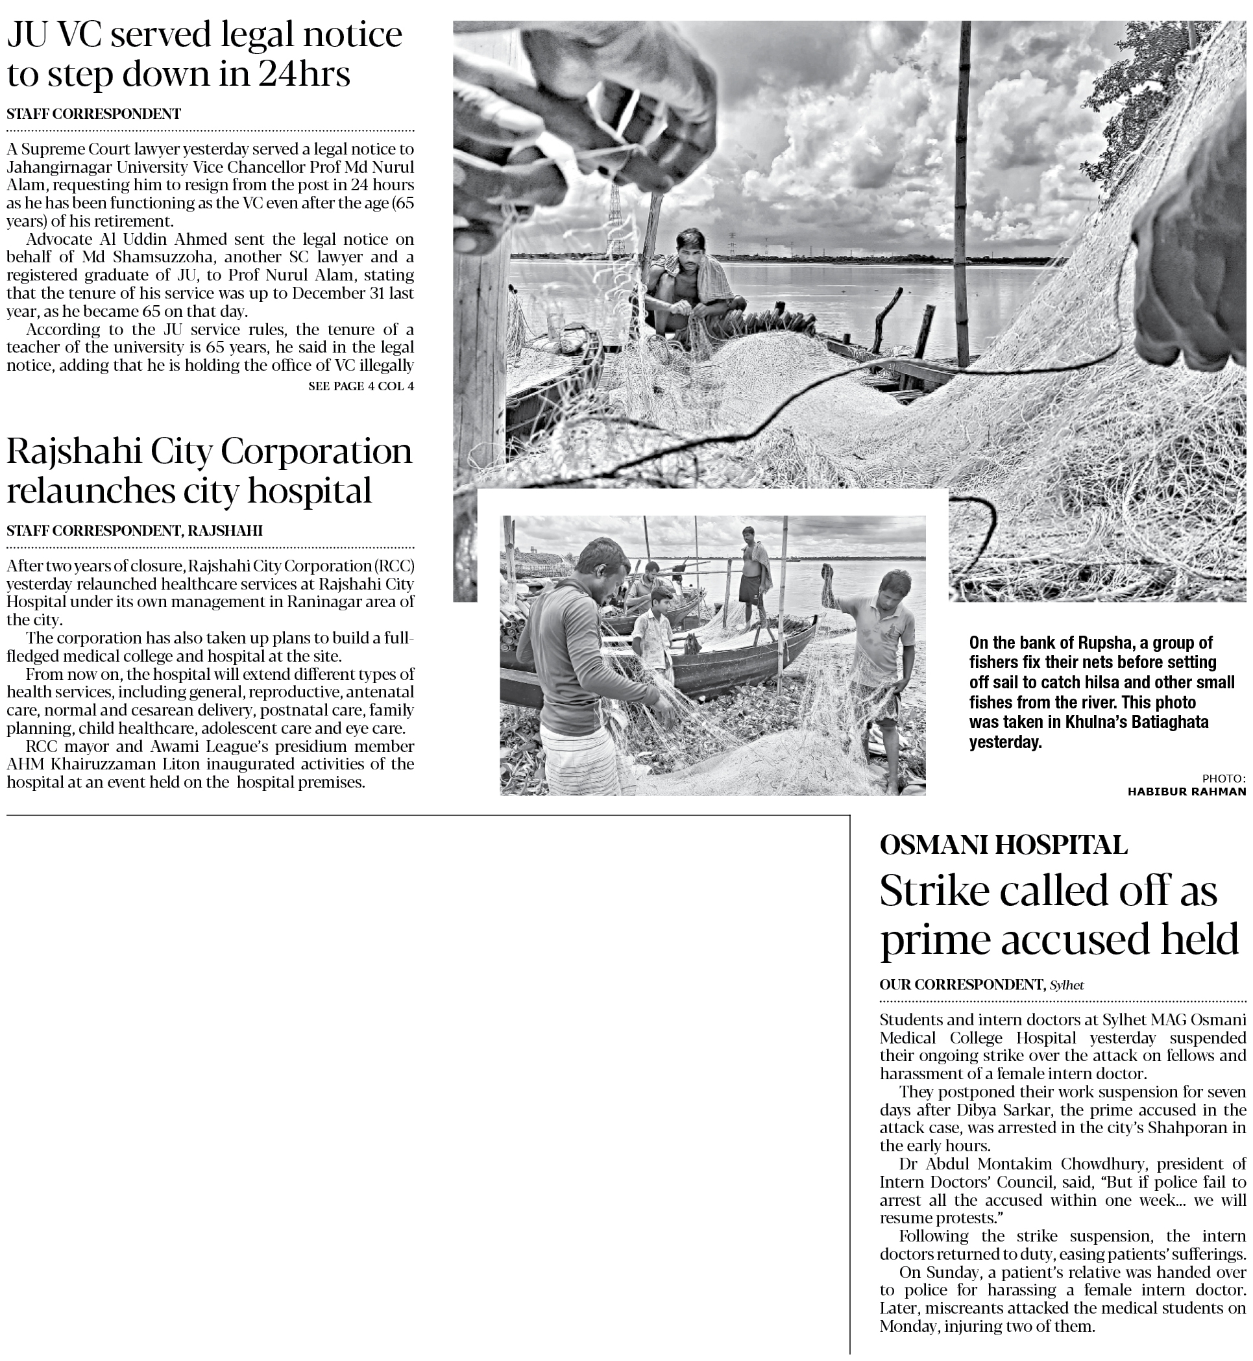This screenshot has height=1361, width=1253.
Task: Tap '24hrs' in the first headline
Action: point(304,75)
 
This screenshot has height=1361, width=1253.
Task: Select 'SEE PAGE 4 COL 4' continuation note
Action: point(361,387)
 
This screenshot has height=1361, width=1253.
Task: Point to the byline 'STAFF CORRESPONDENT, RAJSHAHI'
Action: point(134,531)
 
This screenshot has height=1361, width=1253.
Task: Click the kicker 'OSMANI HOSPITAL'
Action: point(1003,845)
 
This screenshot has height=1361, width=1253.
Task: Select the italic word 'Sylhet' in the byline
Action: point(1067,985)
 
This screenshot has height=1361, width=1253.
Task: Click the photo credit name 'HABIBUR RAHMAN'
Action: point(1187,791)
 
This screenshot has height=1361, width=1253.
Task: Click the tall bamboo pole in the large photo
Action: point(962,190)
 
